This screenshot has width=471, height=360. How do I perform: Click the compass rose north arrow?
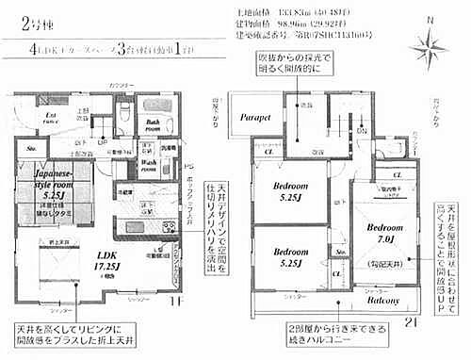(430, 42)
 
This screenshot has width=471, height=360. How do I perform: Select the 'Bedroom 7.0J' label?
(386, 235)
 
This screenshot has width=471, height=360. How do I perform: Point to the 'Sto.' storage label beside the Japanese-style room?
(32, 148)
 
